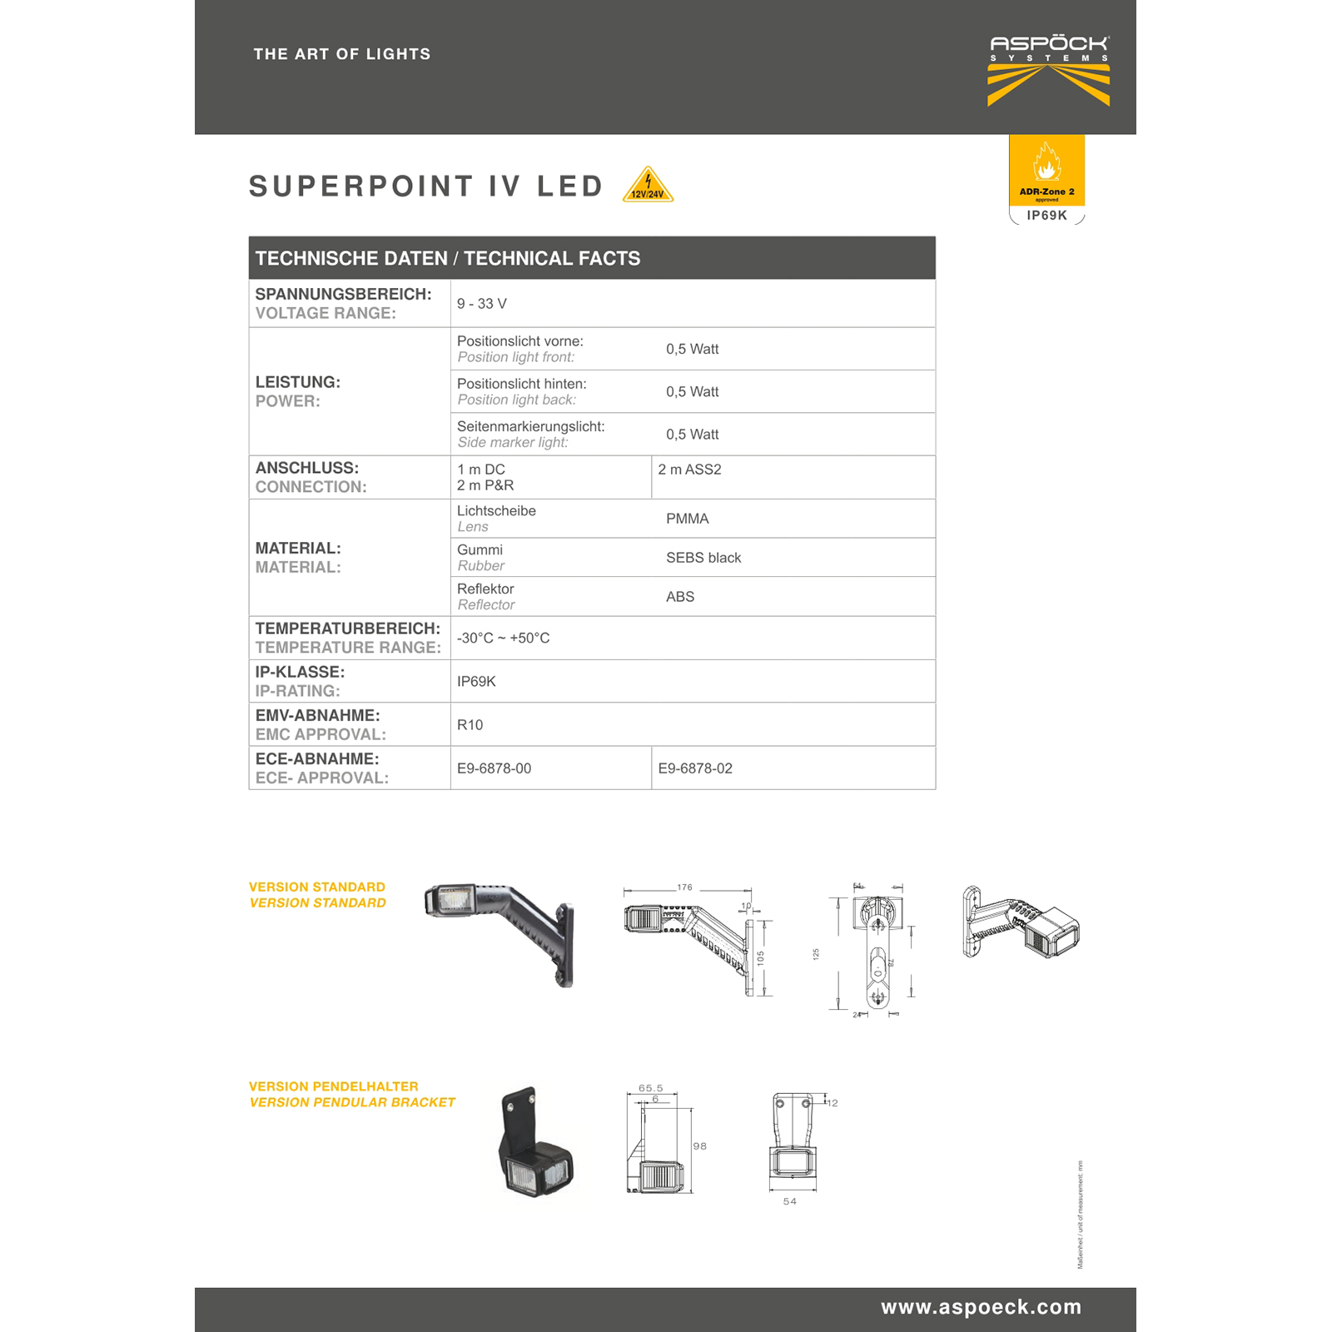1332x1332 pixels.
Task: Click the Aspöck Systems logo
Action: tap(1048, 70)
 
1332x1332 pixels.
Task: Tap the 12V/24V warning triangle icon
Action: tap(648, 186)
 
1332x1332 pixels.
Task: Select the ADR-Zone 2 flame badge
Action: tap(1046, 171)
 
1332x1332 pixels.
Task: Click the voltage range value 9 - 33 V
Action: tap(482, 304)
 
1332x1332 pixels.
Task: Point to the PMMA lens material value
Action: tap(687, 519)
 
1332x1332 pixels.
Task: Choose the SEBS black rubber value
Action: tap(703, 558)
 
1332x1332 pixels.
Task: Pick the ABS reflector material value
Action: tap(679, 597)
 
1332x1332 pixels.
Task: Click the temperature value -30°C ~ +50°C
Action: tap(503, 639)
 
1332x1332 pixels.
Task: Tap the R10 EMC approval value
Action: tap(470, 725)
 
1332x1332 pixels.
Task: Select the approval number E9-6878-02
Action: tap(695, 768)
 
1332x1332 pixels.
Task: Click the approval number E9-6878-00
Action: tap(494, 768)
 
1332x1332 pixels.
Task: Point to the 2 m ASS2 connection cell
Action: tap(689, 470)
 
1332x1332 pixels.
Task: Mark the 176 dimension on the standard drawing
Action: tap(684, 887)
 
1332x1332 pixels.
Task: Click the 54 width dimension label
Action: tap(789, 1201)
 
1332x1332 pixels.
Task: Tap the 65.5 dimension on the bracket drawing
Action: tap(650, 1088)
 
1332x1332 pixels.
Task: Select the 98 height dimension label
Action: tap(699, 1146)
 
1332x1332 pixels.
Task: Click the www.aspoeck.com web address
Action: tap(981, 1307)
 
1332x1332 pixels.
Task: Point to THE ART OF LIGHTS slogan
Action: tap(342, 54)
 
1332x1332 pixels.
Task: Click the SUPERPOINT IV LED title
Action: tap(426, 186)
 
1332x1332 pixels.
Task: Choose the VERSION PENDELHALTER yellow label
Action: tap(333, 1086)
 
